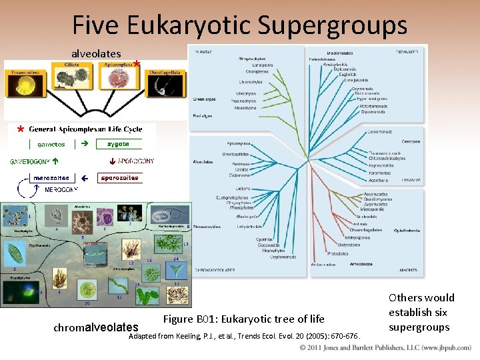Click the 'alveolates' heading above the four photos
click(x=96, y=53)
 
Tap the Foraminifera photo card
click(x=23, y=83)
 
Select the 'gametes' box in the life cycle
click(x=51, y=144)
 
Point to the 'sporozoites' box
click(x=120, y=178)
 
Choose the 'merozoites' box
click(x=50, y=178)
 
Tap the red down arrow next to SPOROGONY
click(x=111, y=161)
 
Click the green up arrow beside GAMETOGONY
click(x=55, y=161)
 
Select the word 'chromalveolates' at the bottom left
click(x=96, y=327)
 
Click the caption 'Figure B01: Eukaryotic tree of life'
click(x=243, y=319)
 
